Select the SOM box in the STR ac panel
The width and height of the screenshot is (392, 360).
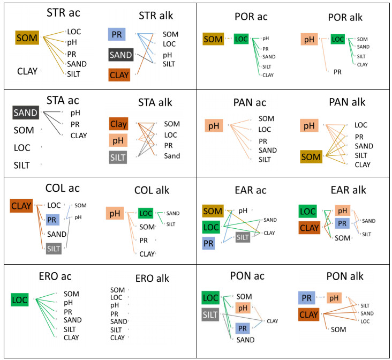pyautogui.click(x=27, y=37)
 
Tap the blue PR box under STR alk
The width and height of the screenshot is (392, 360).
pyautogui.click(x=117, y=35)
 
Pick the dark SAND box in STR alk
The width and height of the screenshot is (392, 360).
pyautogui.click(x=121, y=55)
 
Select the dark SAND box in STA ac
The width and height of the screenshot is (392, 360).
pyautogui.click(x=26, y=113)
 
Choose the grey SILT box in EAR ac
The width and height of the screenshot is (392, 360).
pyautogui.click(x=243, y=237)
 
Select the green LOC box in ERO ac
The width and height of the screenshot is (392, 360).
pyautogui.click(x=20, y=299)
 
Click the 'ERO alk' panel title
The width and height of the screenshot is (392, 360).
pyautogui.click(x=142, y=278)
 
